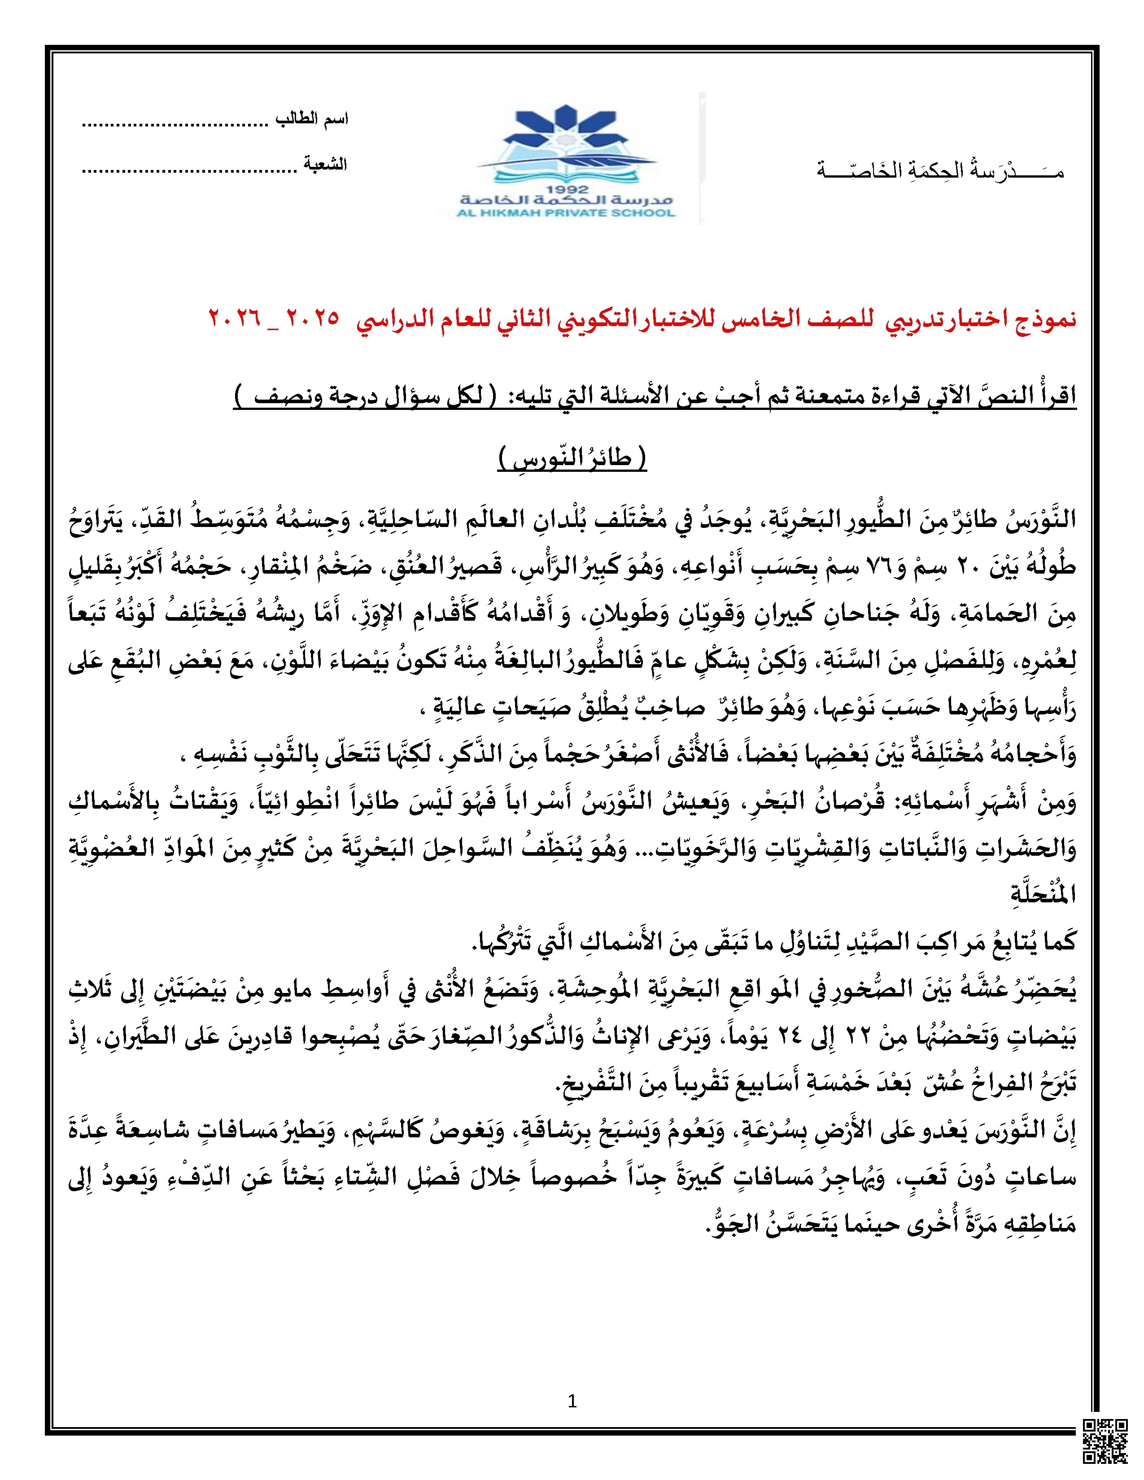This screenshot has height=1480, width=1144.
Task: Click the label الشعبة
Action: click(325, 165)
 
